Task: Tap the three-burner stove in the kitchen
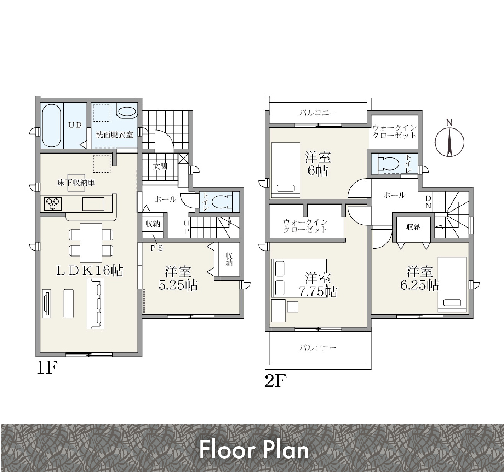[53, 204]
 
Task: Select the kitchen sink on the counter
[93, 204]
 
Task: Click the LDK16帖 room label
[90, 271]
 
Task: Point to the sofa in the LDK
[96, 304]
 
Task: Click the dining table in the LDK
[91, 243]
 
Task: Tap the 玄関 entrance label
[160, 167]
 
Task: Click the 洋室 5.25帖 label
[178, 278]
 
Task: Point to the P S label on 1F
[156, 248]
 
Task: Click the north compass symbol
[449, 139]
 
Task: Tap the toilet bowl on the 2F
[389, 164]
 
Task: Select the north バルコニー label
[318, 113]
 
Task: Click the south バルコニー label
[318, 347]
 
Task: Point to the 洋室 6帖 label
[318, 164]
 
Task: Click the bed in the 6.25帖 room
[452, 284]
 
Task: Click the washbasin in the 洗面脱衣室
[127, 112]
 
